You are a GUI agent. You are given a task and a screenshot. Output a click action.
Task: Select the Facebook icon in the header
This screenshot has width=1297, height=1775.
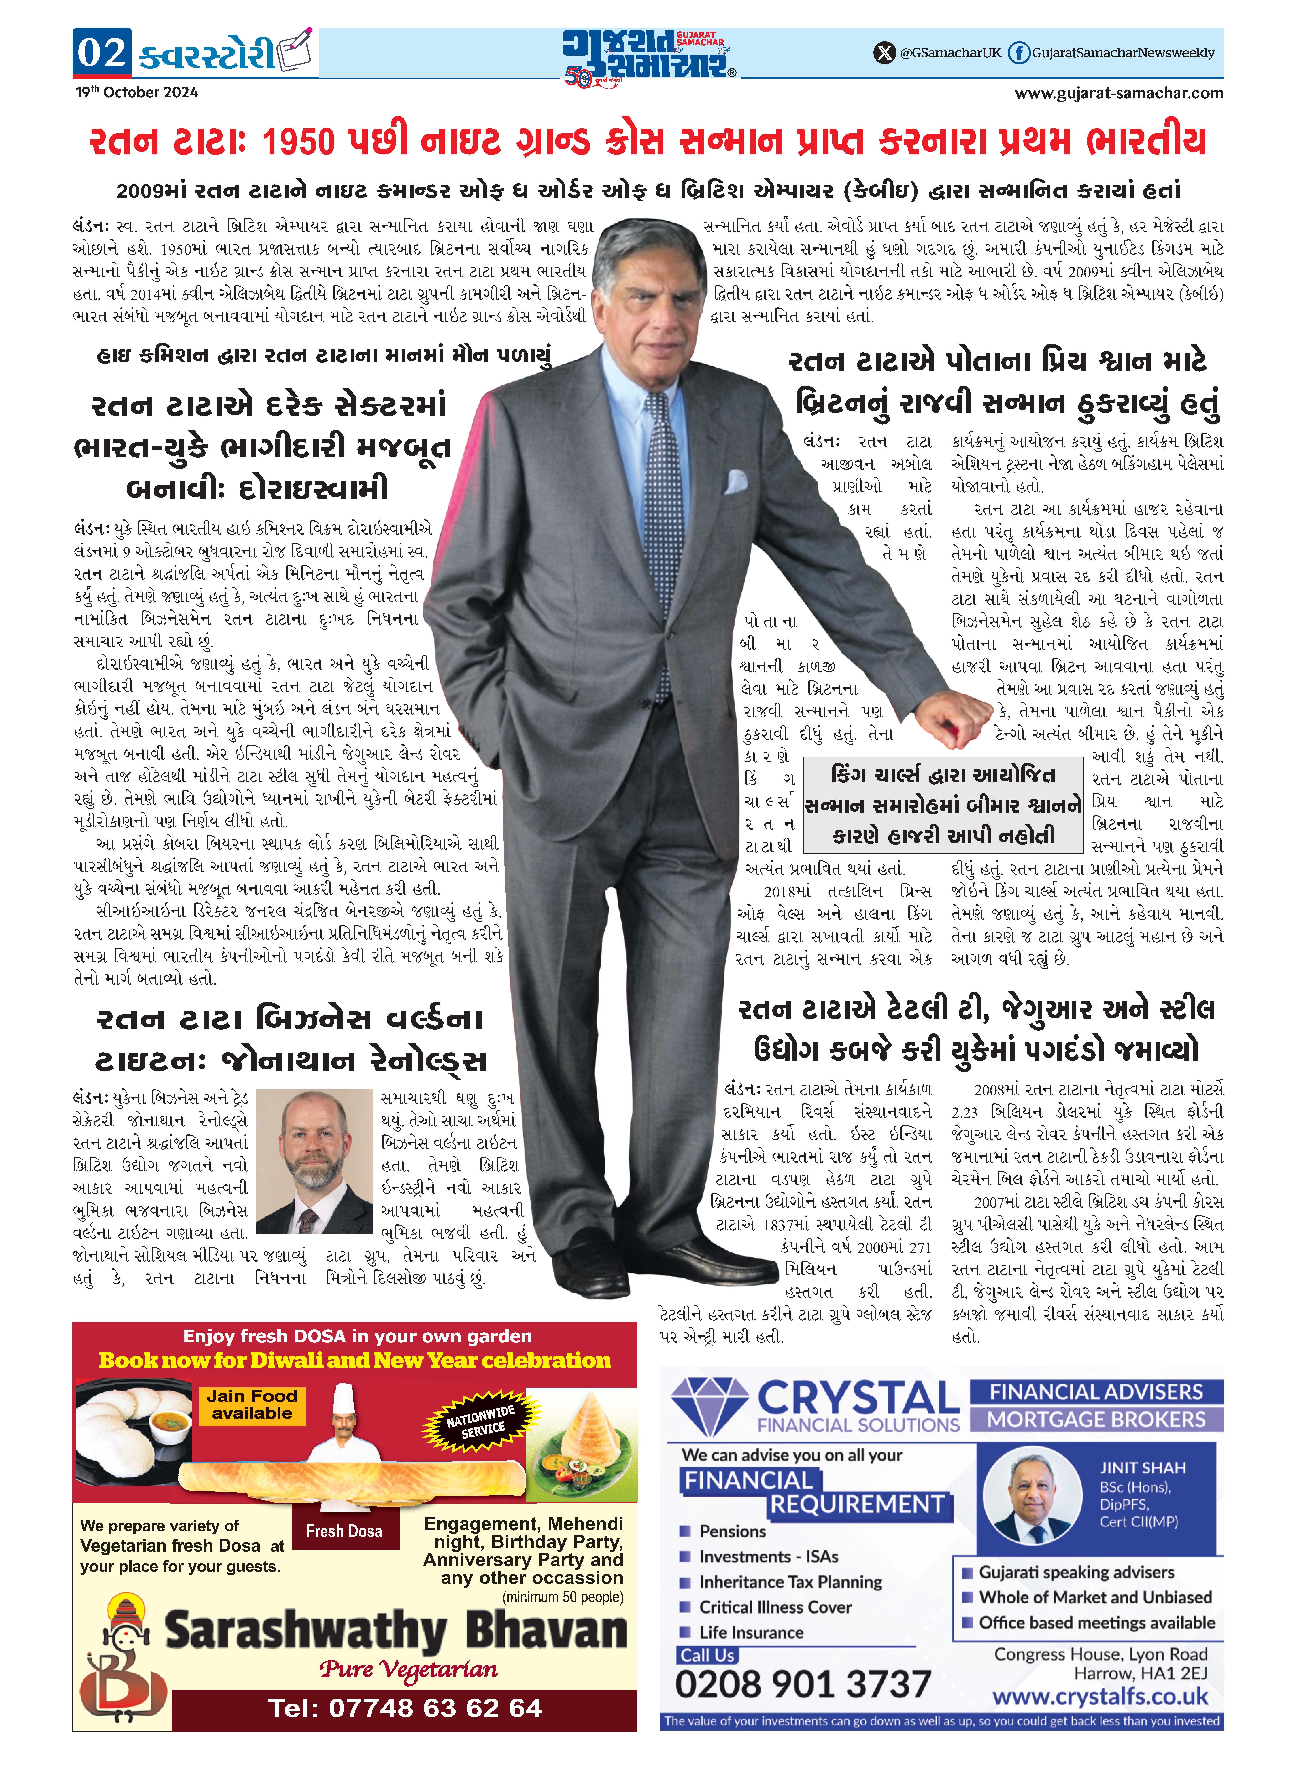(1018, 53)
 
